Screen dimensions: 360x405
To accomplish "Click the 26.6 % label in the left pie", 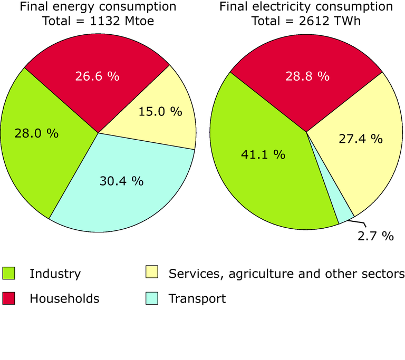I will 98,76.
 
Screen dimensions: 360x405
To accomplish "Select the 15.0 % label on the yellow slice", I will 160,112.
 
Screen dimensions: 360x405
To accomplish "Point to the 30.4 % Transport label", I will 122,181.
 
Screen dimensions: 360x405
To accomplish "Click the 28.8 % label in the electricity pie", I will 307,76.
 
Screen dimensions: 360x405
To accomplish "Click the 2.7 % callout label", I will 375,236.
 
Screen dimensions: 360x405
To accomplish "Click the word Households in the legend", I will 64,299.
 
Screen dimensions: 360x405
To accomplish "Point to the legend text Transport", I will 197,299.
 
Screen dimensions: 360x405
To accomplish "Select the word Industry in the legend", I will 55,274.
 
